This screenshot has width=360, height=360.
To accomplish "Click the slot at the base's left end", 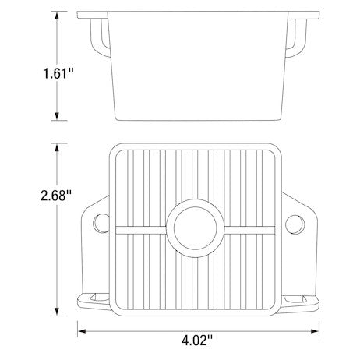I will pyautogui.click(x=91, y=298).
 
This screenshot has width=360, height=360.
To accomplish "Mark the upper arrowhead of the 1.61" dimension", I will pyautogui.click(x=58, y=15).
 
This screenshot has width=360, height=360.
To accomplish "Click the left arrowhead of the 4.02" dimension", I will pyautogui.click(x=81, y=330).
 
